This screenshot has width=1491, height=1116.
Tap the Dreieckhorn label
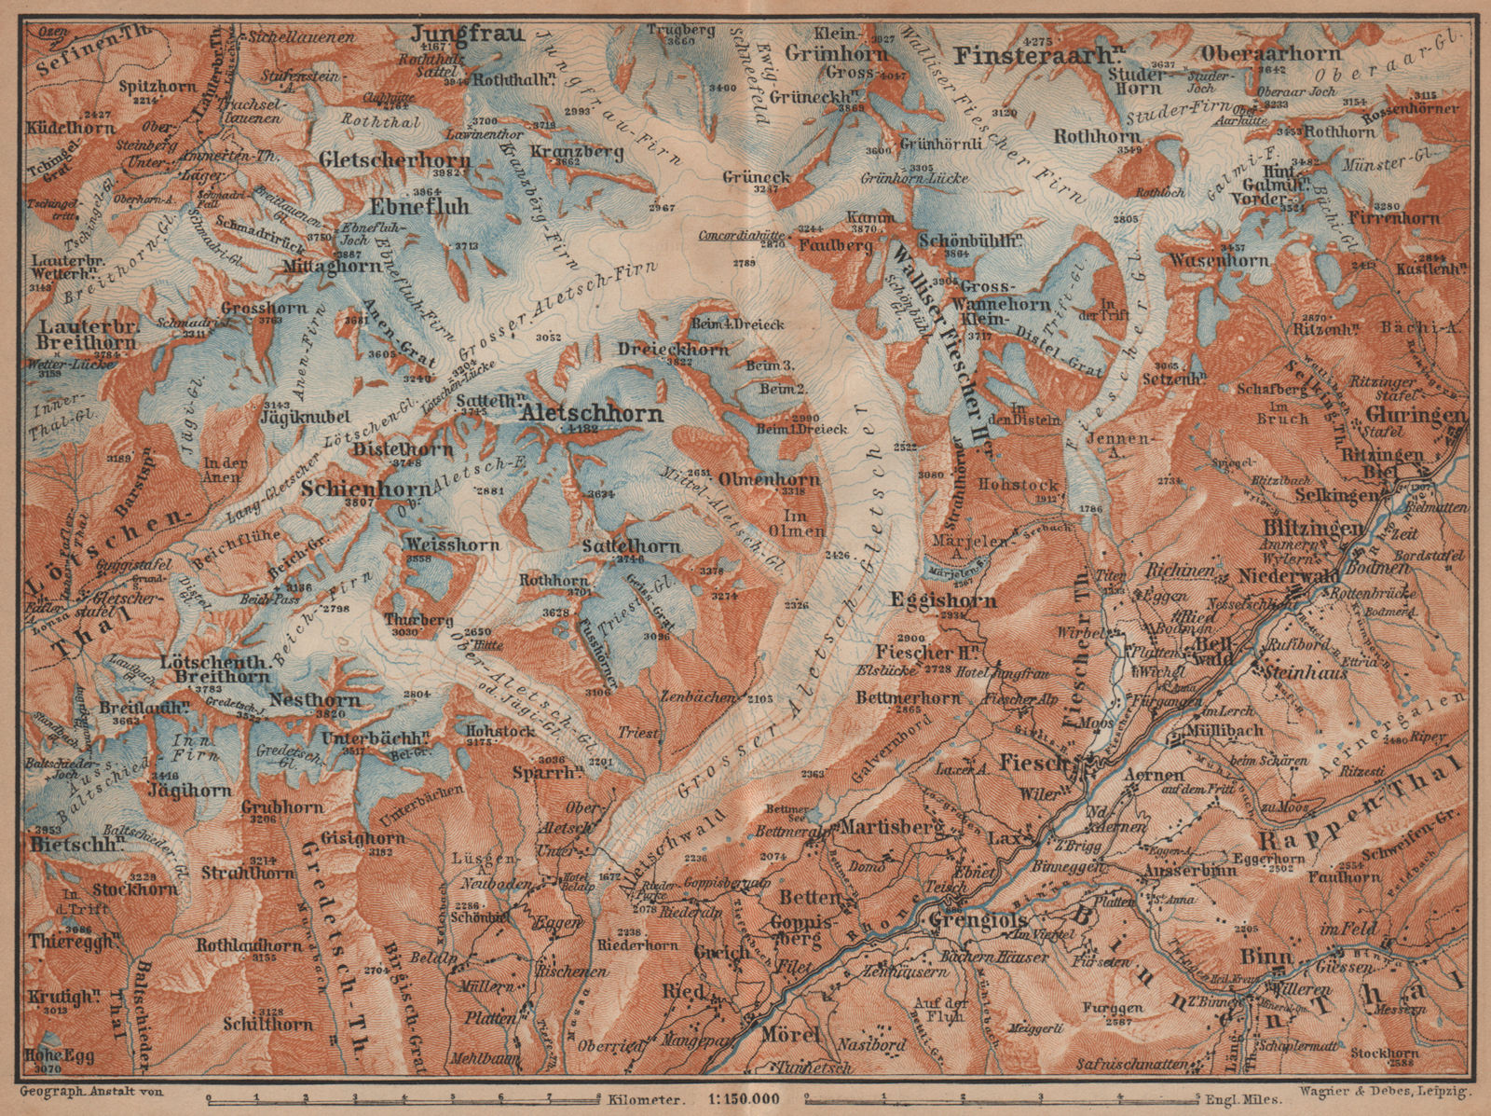pos(672,349)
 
